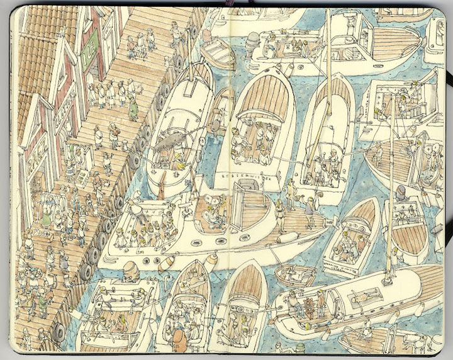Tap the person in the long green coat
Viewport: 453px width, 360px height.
pos(133,110)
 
